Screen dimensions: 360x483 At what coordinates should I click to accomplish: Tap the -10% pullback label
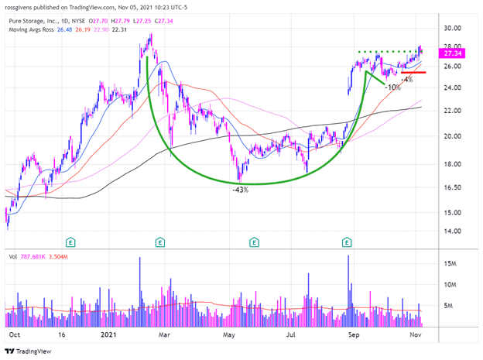click(393, 87)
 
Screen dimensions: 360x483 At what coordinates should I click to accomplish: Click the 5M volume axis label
click(447, 305)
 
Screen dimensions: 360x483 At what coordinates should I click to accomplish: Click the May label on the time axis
click(228, 337)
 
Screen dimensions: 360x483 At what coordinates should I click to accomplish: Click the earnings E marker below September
click(347, 242)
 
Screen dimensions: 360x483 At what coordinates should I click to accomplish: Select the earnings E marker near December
click(70, 242)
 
